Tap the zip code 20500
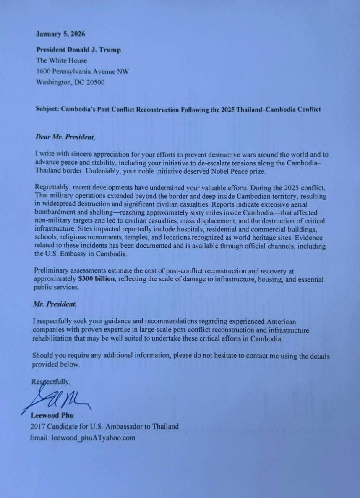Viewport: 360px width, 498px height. tap(95, 82)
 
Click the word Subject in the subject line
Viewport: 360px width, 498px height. tap(47, 110)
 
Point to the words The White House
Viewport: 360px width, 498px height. tap(62, 60)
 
